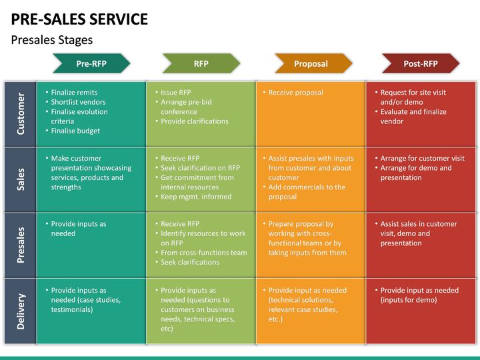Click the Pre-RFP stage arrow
pos(91,63)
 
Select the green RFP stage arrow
pos(201,63)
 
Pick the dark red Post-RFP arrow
pos(421,63)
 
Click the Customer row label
pos(21,113)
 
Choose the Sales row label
pos(21,179)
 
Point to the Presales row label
pos(21,245)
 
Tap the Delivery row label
pos(21,311)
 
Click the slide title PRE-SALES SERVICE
pos(79,19)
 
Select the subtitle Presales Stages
pos(52,40)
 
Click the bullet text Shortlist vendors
pos(78,102)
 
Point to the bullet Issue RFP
pos(176,93)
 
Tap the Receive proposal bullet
pos(295,93)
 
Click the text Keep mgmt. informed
pos(196,197)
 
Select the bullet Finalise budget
pos(75,131)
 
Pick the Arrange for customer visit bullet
pos(422,158)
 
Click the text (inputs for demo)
pos(409,300)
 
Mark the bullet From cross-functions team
pos(204,253)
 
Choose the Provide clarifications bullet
pos(195,121)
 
